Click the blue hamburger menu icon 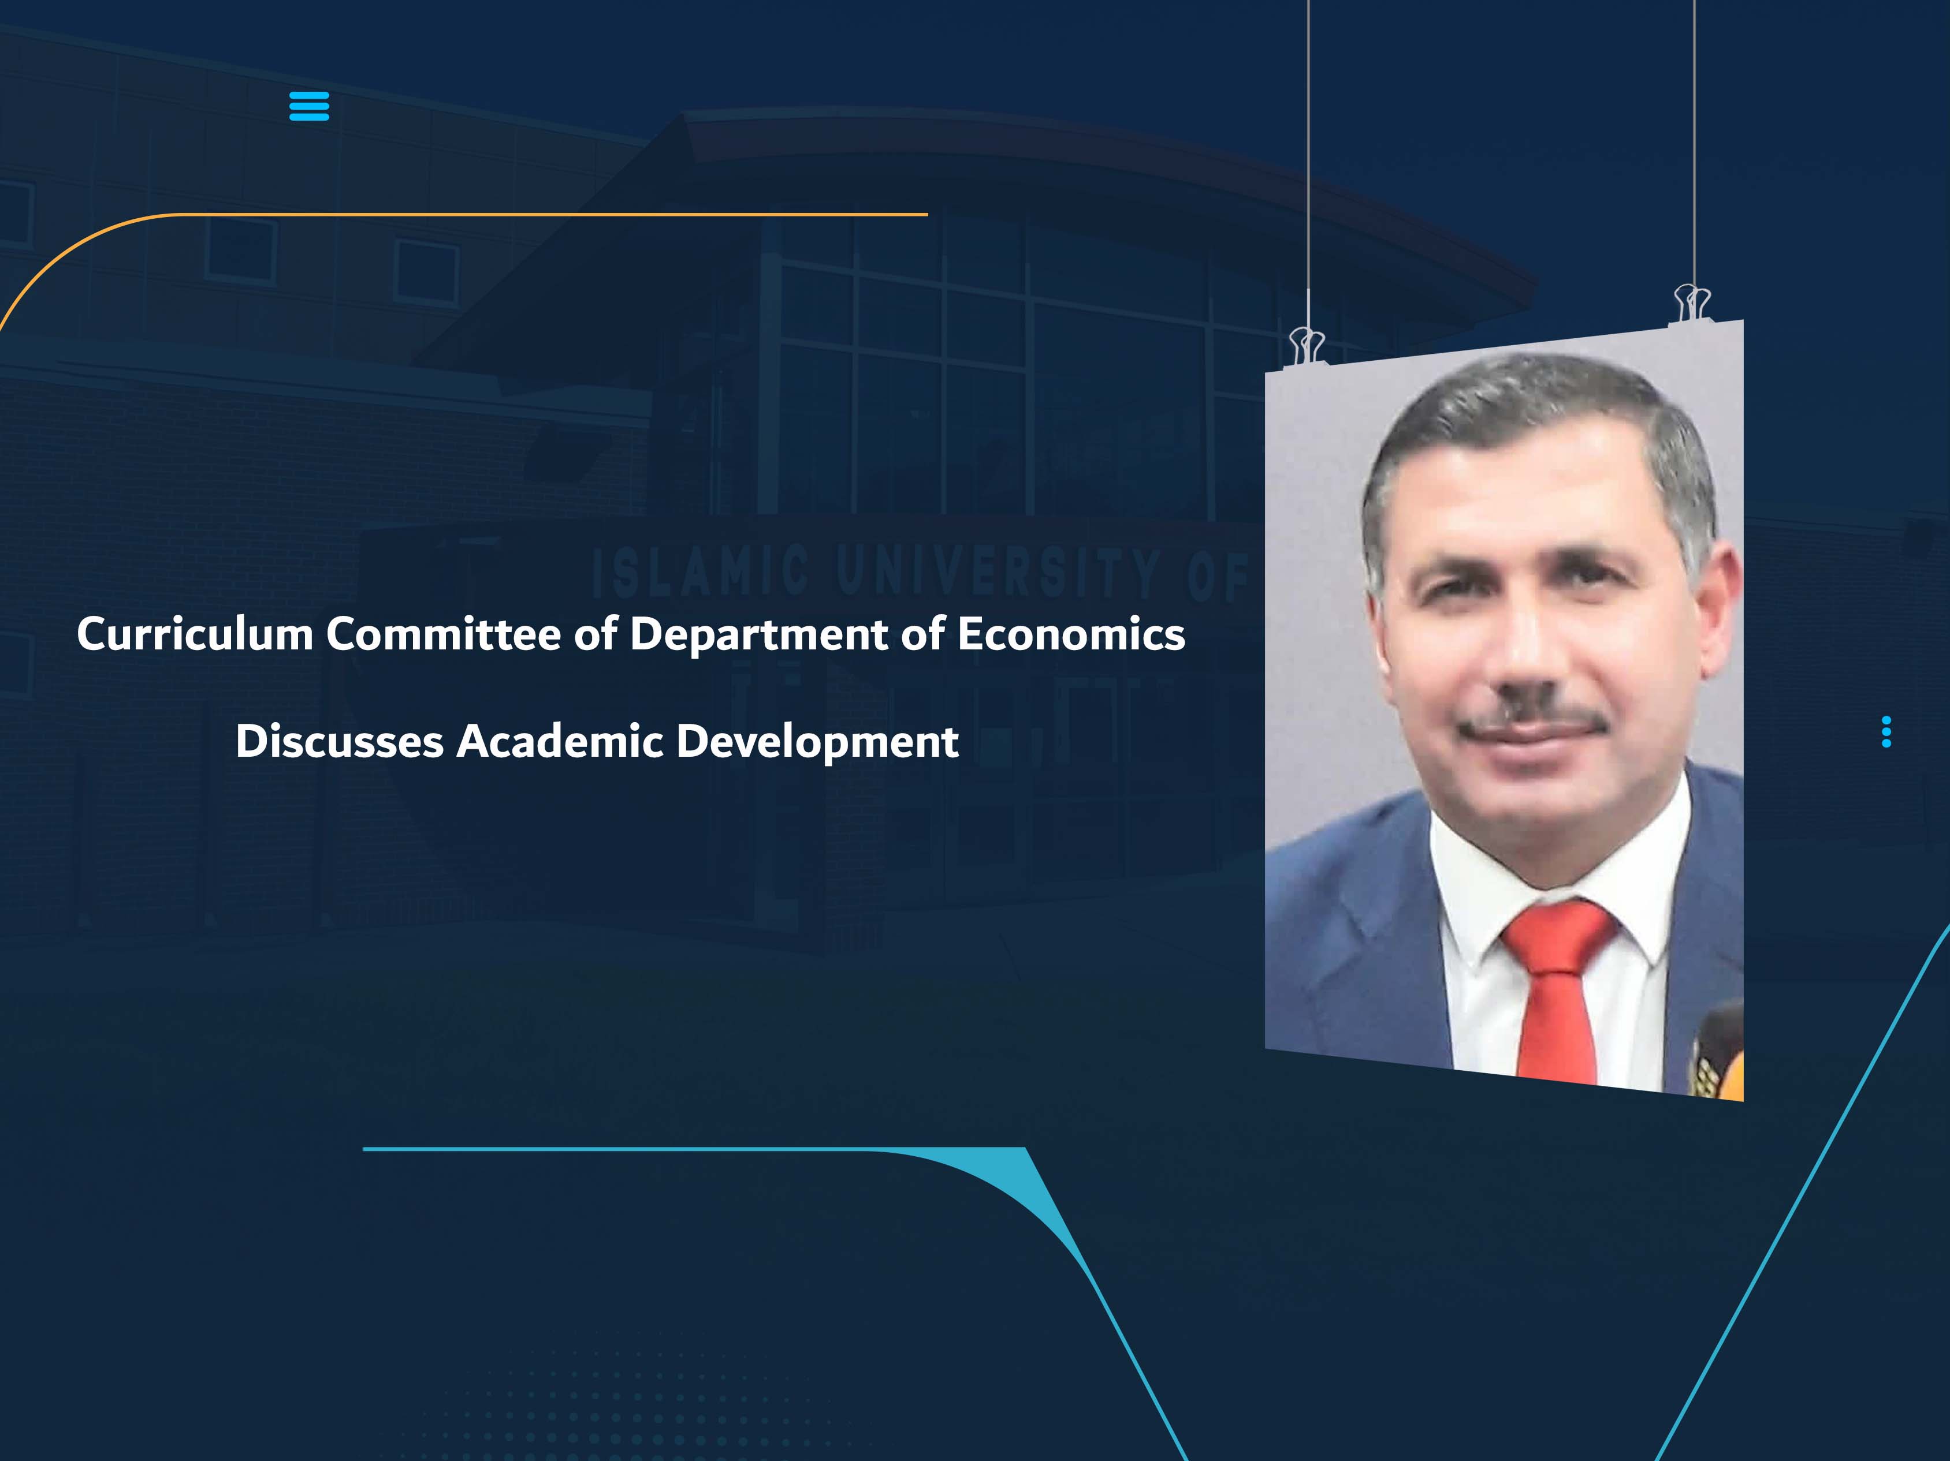(x=308, y=106)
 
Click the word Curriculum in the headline (x=195, y=634)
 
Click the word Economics (x=1071, y=634)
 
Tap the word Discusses (x=340, y=741)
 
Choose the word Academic (x=559, y=741)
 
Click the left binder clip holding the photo (x=1307, y=345)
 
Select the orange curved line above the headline (x=529, y=214)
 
